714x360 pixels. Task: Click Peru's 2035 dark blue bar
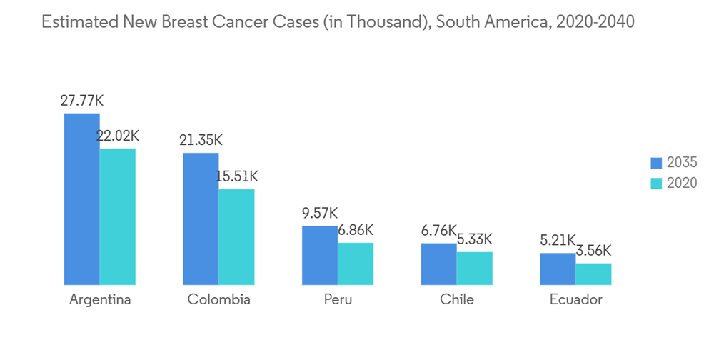pyautogui.click(x=320, y=255)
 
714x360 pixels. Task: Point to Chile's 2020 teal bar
pyautogui.click(x=475, y=268)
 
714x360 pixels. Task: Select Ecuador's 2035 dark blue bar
pyautogui.click(x=558, y=269)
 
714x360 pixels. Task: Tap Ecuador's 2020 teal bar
pyautogui.click(x=593, y=274)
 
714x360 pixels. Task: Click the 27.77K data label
pyautogui.click(x=81, y=101)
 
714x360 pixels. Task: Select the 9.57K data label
pyautogui.click(x=319, y=213)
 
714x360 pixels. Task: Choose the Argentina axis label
pyautogui.click(x=100, y=299)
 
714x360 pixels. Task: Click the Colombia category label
pyautogui.click(x=218, y=299)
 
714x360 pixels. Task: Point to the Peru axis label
pyautogui.click(x=338, y=299)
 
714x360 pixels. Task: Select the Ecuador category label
pyautogui.click(x=575, y=299)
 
